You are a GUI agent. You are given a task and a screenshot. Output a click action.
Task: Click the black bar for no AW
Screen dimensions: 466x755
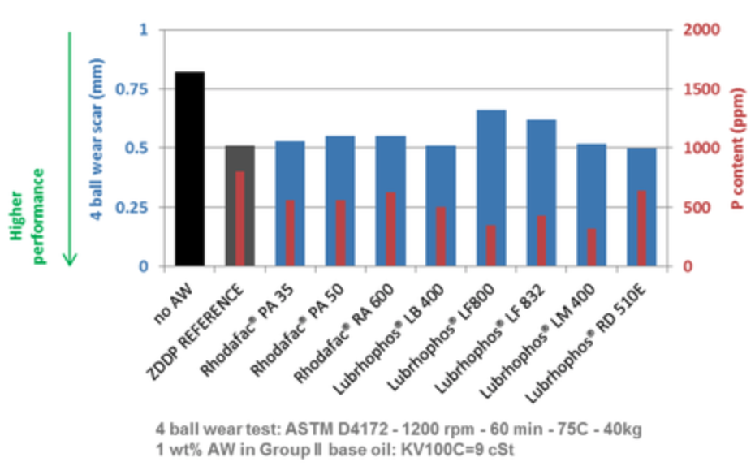[189, 169]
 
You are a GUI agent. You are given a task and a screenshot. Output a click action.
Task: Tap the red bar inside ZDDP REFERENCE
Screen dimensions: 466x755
[239, 218]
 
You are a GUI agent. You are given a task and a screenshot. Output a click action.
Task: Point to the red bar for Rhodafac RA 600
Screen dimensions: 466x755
[390, 229]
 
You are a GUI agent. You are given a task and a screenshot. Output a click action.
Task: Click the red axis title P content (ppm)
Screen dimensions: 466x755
[738, 147]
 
